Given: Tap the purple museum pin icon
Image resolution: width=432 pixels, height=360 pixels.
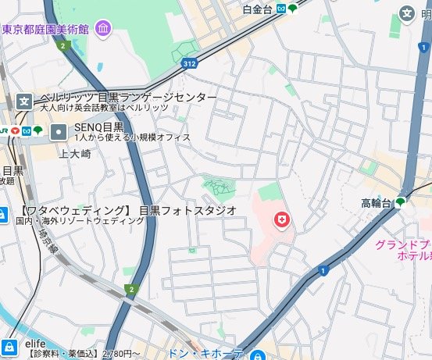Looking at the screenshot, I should tap(104, 30).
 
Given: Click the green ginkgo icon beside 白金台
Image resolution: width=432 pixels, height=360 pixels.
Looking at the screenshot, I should tap(291, 9).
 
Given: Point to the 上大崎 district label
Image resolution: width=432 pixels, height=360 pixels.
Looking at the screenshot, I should tap(75, 153).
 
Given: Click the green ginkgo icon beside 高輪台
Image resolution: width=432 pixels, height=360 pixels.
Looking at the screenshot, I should tap(401, 203).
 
